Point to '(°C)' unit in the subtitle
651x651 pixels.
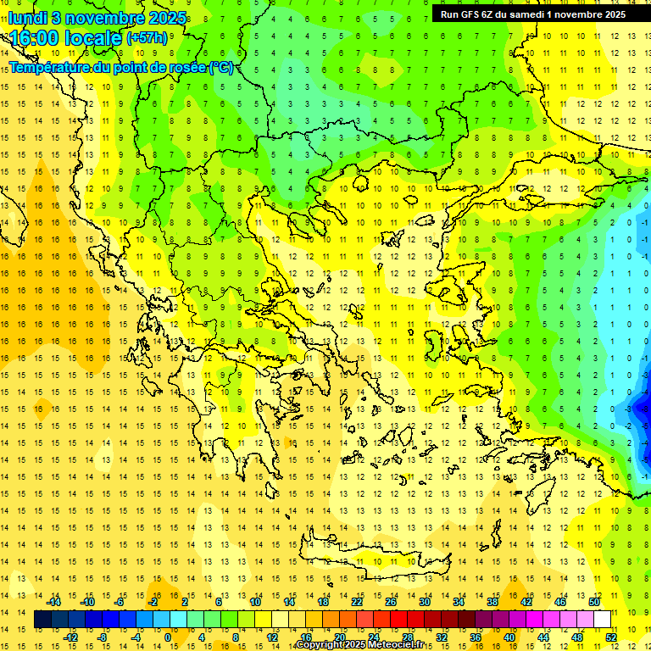click(221, 67)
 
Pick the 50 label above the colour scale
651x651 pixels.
click(593, 602)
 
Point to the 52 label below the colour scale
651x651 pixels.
click(610, 637)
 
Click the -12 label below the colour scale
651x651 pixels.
click(70, 637)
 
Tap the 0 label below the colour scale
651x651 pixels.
click(168, 637)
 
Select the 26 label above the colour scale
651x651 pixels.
click(391, 602)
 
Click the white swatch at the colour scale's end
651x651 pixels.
click(602, 620)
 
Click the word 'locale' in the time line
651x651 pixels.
click(93, 38)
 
